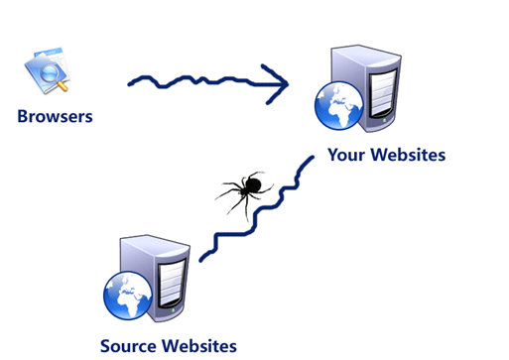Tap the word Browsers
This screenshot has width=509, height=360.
55,117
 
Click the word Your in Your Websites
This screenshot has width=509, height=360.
348,156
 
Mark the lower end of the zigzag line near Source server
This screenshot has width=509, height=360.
200,260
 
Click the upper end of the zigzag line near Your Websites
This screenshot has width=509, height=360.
313,159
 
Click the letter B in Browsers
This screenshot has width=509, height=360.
23,117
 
